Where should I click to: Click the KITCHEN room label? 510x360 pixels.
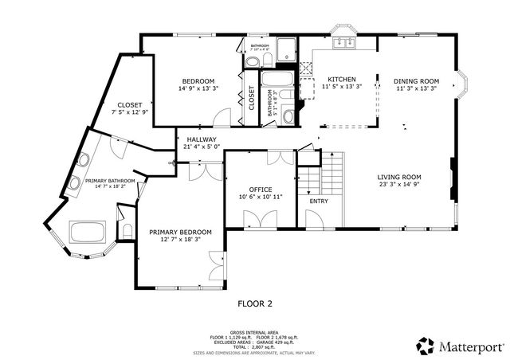click(341, 80)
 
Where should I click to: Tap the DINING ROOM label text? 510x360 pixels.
click(418, 80)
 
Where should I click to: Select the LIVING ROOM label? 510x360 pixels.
click(399, 177)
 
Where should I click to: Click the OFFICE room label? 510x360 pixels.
click(261, 190)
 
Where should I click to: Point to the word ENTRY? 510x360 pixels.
click(318, 201)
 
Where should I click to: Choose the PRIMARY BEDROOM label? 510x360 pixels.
click(180, 232)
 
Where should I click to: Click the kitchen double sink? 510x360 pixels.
click(346, 43)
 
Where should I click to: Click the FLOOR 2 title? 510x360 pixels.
click(255, 303)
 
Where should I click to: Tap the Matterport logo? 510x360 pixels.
click(457, 346)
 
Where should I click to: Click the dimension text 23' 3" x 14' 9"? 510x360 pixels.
click(399, 185)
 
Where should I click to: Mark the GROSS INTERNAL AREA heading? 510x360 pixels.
click(255, 331)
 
